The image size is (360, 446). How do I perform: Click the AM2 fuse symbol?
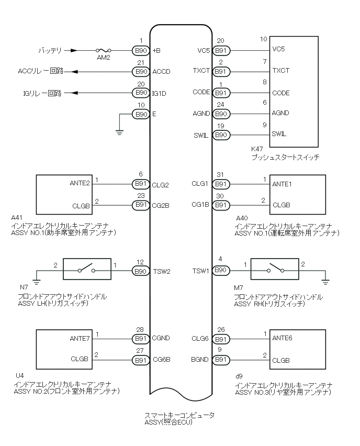coord(104,51)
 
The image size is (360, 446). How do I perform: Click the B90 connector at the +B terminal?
coord(141,51)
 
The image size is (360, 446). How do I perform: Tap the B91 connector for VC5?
coord(221,51)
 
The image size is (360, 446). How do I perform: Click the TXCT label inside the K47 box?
coord(281,71)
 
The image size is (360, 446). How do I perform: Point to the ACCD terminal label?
coord(161,71)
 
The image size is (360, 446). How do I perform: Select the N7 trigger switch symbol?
coord(87,268)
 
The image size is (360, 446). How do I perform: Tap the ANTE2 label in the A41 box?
coord(80,183)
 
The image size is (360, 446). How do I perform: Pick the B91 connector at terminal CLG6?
coord(221,338)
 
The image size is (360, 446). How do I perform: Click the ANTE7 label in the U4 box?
coord(80,338)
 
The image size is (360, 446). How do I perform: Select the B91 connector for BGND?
coord(221,360)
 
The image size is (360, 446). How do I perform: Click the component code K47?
coord(257,149)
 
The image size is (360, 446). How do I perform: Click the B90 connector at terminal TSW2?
coord(141,271)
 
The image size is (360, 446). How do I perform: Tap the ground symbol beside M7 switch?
coord(325,282)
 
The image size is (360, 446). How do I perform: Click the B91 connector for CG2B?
coord(141,205)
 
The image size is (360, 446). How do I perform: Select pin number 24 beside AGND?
coord(220,104)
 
